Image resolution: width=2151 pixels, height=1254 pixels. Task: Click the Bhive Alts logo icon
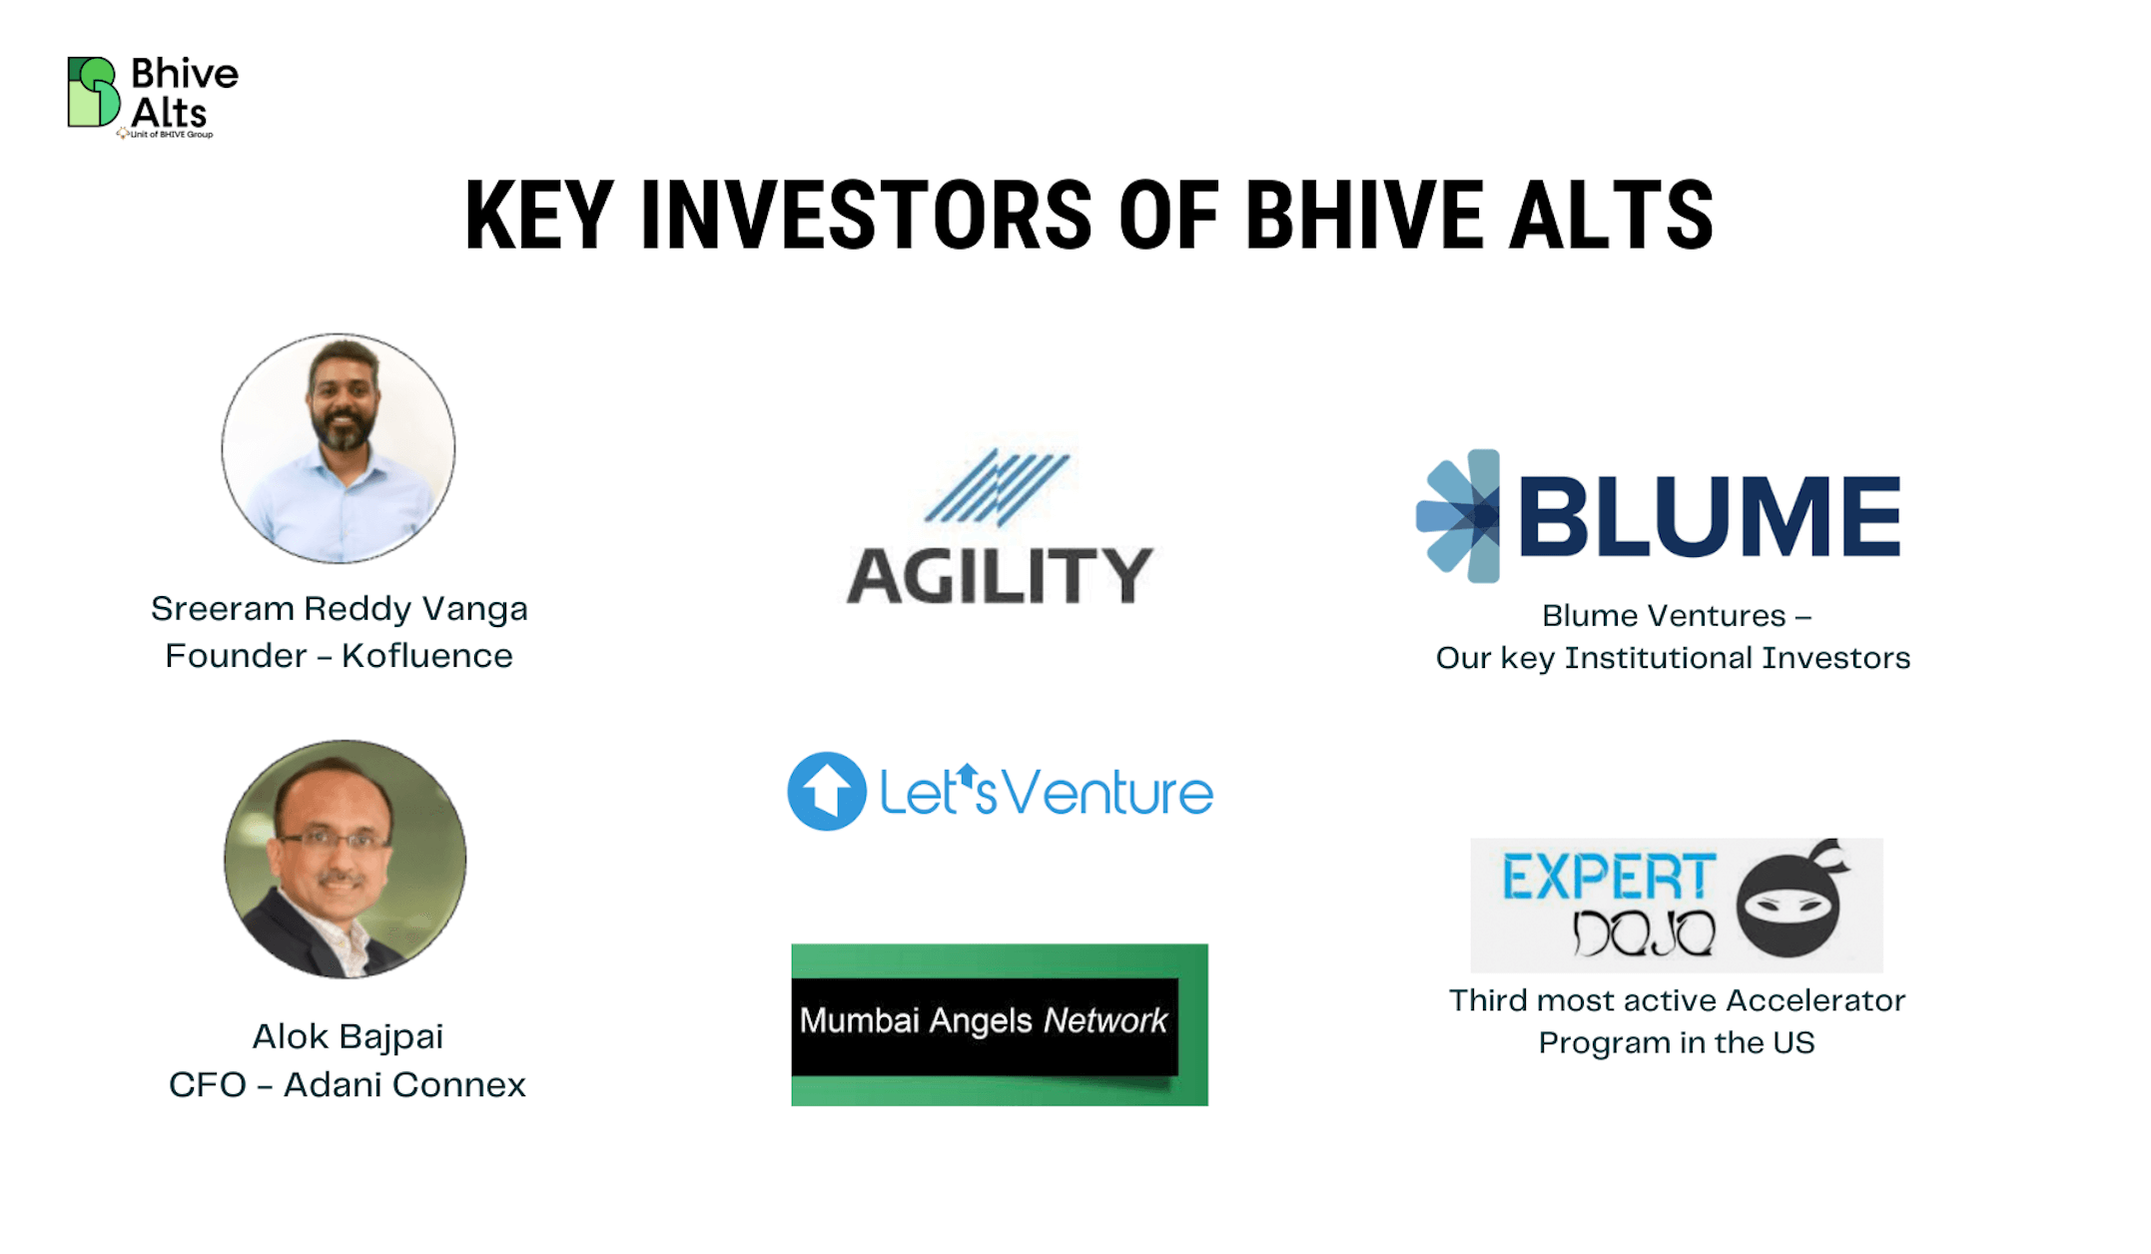coord(94,92)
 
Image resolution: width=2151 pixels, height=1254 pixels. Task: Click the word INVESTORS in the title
coord(866,215)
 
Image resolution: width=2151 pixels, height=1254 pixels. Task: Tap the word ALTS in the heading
coord(1611,215)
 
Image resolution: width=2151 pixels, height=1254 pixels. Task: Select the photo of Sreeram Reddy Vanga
coord(339,448)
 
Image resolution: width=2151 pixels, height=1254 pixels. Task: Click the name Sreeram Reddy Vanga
coord(339,608)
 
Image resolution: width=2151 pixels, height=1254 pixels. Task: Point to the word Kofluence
coord(426,656)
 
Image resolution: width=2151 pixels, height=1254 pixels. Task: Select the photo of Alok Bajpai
coord(345,859)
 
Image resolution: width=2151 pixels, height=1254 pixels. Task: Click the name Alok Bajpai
coord(347,1036)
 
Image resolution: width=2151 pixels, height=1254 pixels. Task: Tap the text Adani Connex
coord(404,1084)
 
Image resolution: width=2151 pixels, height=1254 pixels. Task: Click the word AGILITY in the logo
coord(1000,576)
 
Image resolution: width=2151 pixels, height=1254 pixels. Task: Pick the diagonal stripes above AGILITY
coord(997,487)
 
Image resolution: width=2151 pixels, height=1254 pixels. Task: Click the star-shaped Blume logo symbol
coord(1458,515)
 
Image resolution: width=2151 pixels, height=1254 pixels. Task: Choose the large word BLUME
coord(1710,515)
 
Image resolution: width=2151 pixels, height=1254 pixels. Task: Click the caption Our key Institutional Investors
coord(1673,658)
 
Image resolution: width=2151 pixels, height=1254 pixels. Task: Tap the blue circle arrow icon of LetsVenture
coord(826,791)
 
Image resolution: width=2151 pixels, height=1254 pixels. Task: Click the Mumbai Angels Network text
coord(984,1020)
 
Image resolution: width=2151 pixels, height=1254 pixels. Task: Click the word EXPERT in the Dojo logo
coord(1609,877)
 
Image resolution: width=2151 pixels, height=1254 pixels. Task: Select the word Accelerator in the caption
coord(1815,999)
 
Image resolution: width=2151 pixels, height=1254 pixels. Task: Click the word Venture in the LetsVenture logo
coord(1107,794)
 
